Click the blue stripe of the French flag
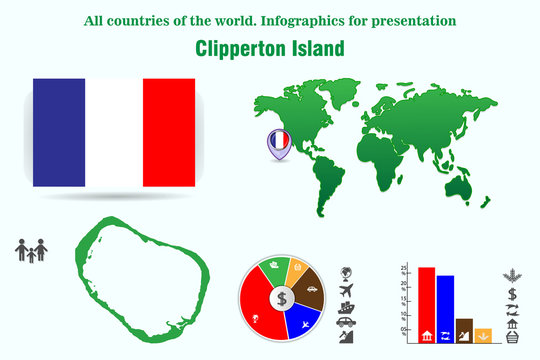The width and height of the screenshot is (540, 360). pyautogui.click(x=59, y=132)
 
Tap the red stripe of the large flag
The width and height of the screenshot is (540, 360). pyautogui.click(x=169, y=132)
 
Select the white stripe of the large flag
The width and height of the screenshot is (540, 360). pyautogui.click(x=114, y=132)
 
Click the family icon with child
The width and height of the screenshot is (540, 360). pyautogui.click(x=30, y=251)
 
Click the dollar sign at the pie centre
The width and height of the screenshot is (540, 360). pyautogui.click(x=282, y=298)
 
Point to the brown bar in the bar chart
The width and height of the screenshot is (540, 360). pyautogui.click(x=464, y=331)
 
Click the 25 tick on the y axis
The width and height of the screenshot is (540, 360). pyautogui.click(x=403, y=269)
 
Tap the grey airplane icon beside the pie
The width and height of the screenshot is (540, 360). pyautogui.click(x=346, y=291)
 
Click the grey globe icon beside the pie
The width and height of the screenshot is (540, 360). pyautogui.click(x=346, y=273)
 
